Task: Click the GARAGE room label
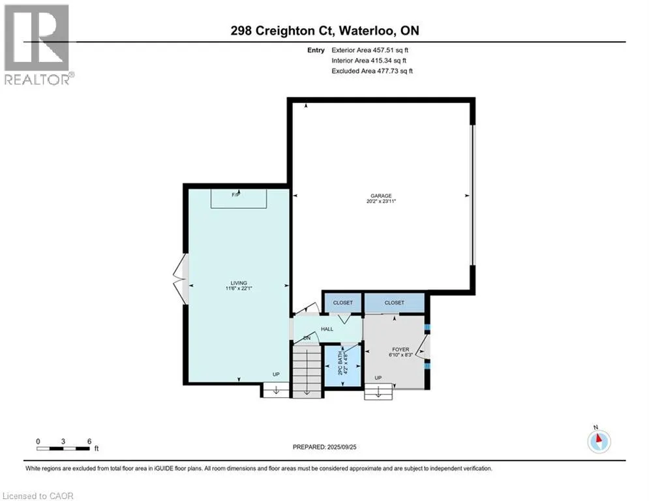coord(381,196)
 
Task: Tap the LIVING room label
coord(239,283)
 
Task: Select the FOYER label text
coord(400,350)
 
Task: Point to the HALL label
coord(327,329)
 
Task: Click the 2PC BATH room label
coord(340,363)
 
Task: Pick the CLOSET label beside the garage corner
coord(342,303)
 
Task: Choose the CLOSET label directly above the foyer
coord(394,303)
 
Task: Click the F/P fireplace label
coord(235,194)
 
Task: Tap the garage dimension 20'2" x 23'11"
coord(381,201)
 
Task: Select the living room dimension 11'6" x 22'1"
coord(239,288)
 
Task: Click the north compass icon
coord(599,442)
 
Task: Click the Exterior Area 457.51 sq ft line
coord(370,50)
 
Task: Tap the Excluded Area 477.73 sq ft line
coord(372,71)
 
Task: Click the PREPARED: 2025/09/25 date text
coord(325,447)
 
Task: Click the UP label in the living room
coord(276,374)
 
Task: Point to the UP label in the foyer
coord(378,378)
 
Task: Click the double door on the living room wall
coord(181,279)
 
